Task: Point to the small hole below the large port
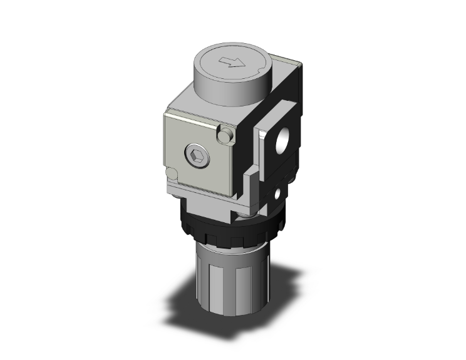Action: [x=276, y=197]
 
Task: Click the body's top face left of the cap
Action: [x=182, y=100]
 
